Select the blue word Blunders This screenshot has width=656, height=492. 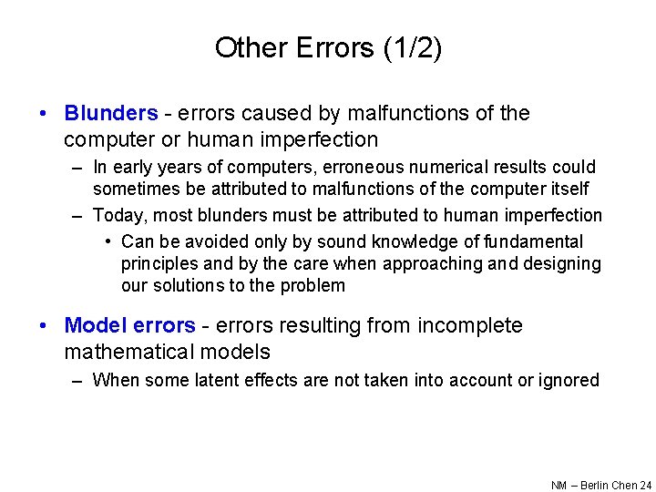tap(110, 114)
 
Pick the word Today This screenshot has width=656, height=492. tap(117, 216)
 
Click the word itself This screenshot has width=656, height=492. tap(567, 190)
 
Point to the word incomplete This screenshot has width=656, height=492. tap(470, 326)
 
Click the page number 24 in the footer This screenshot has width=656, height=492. tap(646, 486)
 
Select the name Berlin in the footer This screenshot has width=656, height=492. tap(592, 486)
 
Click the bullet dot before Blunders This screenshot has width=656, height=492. tap(44, 114)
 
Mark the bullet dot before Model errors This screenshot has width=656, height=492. tap(44, 326)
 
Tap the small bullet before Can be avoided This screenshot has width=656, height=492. tap(108, 242)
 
